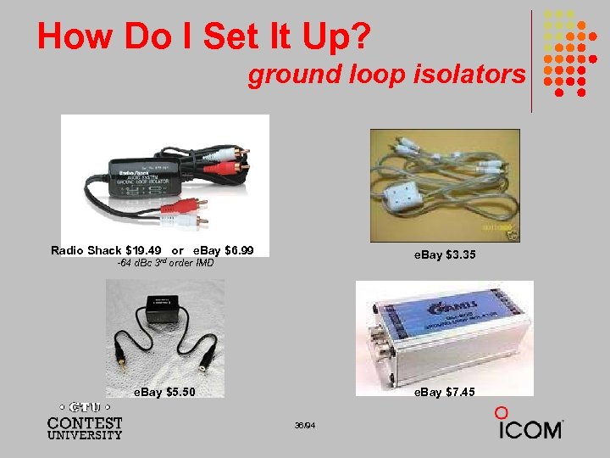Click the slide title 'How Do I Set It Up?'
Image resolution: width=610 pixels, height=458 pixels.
point(203,36)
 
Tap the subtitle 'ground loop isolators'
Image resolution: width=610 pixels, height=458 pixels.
point(386,75)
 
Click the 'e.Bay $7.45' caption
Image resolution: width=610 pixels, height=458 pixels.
point(444,392)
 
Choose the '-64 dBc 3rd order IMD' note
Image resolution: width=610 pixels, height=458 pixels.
point(164,263)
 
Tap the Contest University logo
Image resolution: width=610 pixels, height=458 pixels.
point(85,421)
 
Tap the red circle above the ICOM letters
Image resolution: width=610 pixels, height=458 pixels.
point(502,412)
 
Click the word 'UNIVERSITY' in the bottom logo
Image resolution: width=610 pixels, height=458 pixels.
point(85,435)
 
